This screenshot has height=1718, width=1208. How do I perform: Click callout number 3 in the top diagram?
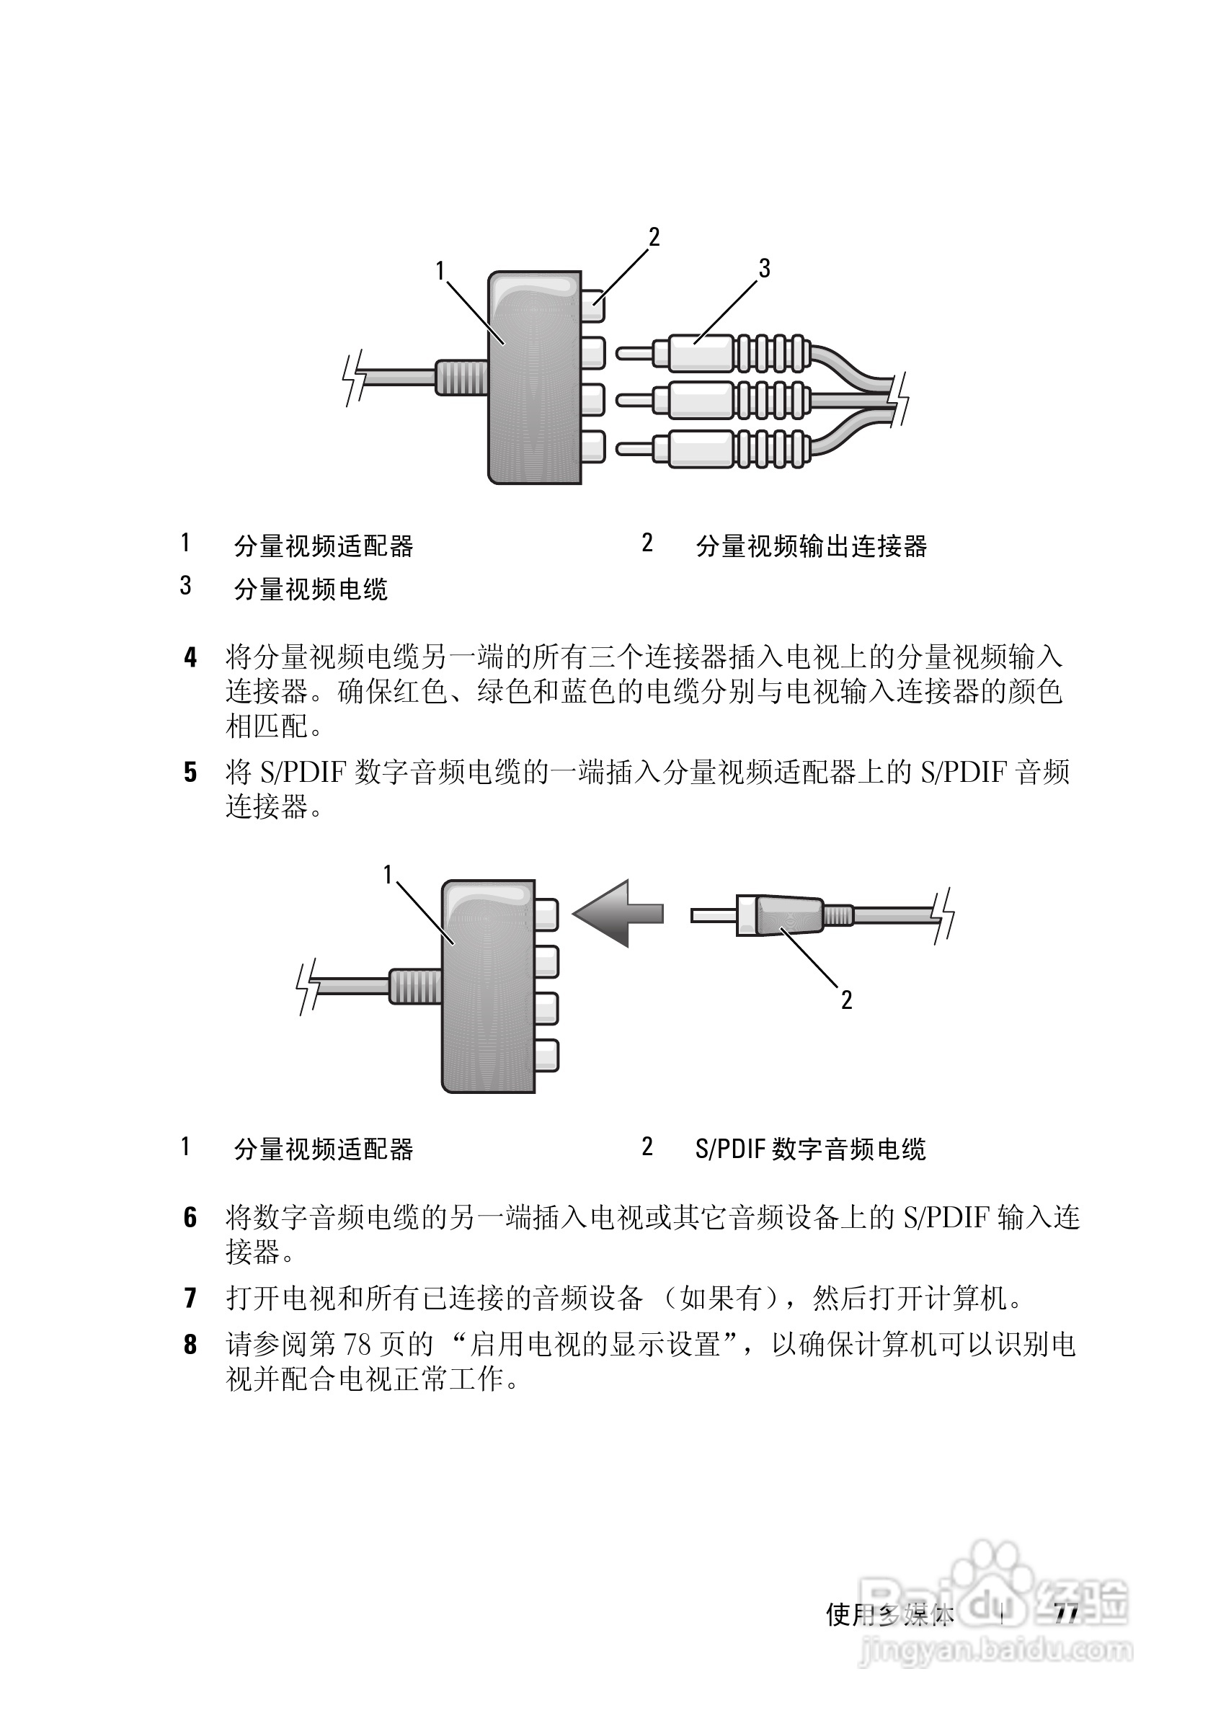tap(763, 268)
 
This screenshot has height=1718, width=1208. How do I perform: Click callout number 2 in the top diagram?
tap(654, 237)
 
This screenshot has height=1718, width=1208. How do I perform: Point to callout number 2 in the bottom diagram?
tap(846, 1000)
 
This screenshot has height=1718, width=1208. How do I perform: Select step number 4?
tap(191, 659)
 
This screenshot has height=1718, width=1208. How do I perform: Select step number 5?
tap(191, 773)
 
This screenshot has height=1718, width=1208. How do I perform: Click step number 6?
tap(191, 1217)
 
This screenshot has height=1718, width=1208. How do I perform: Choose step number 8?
tap(191, 1345)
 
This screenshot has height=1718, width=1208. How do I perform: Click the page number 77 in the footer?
tap(1065, 1614)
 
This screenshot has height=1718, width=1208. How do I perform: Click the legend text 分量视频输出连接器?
tap(812, 547)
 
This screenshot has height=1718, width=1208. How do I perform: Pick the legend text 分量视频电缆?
tap(311, 590)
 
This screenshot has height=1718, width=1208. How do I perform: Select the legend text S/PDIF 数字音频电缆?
tap(811, 1149)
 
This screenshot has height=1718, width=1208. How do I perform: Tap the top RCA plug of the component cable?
tap(711, 352)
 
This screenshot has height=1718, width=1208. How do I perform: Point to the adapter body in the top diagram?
tap(533, 378)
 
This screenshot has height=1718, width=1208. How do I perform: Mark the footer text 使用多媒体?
tap(889, 1615)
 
